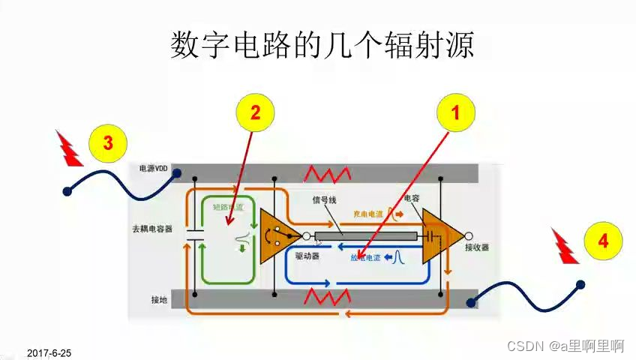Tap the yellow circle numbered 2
point(255,114)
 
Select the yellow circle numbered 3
point(108,142)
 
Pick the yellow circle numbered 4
point(603,241)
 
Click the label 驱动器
point(307,256)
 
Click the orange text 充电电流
point(368,214)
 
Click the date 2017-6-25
point(49,352)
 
